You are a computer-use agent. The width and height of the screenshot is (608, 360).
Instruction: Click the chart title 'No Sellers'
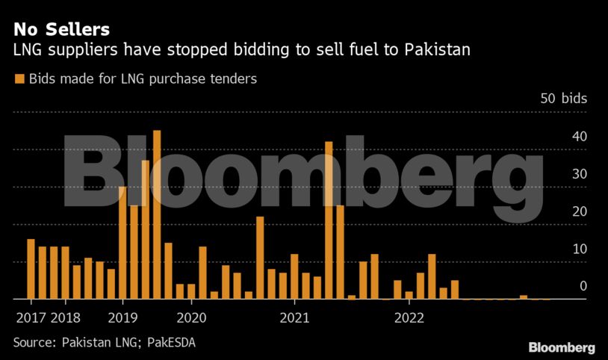(61, 29)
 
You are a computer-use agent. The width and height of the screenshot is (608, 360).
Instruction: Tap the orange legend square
(19, 78)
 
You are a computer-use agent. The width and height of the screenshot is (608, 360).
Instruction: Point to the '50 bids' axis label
(563, 99)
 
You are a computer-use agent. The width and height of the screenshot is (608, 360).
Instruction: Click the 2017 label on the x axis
(31, 317)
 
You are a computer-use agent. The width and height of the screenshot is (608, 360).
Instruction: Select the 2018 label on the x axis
(66, 317)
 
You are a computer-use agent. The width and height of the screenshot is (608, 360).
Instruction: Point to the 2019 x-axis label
(122, 317)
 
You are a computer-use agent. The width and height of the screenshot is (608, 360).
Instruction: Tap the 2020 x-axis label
(191, 317)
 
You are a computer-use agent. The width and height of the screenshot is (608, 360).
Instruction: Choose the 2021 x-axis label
(294, 317)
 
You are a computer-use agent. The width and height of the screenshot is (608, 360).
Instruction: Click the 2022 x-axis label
(409, 317)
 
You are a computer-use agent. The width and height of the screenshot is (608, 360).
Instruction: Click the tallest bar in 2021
(329, 220)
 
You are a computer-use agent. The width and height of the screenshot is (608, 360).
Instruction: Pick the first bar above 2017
(31, 269)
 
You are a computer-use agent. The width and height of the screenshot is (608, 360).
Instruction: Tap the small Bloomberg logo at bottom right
(561, 347)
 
